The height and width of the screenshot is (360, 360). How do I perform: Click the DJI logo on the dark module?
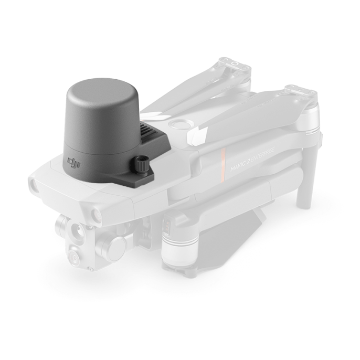click(x=73, y=164)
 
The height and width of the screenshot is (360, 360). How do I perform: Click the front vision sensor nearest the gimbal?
click(x=98, y=214)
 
